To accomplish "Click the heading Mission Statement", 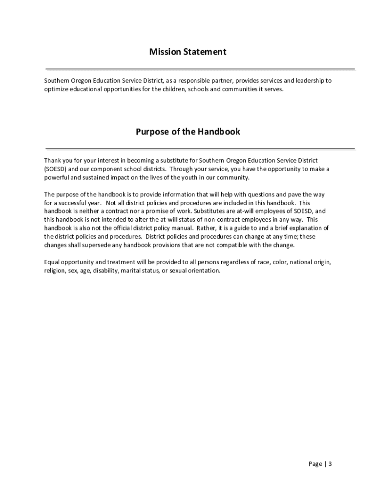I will (x=188, y=52).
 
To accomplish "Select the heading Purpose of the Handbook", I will (x=188, y=132).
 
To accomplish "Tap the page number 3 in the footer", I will (x=330, y=464).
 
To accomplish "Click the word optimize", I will (x=56, y=90).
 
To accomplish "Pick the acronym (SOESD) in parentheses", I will (x=55, y=169).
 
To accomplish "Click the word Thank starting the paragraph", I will (x=53, y=160).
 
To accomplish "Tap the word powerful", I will (x=56, y=178).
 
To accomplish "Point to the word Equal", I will (x=52, y=262).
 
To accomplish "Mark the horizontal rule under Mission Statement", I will (x=200, y=69).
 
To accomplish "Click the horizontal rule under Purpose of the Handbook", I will (x=200, y=148).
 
